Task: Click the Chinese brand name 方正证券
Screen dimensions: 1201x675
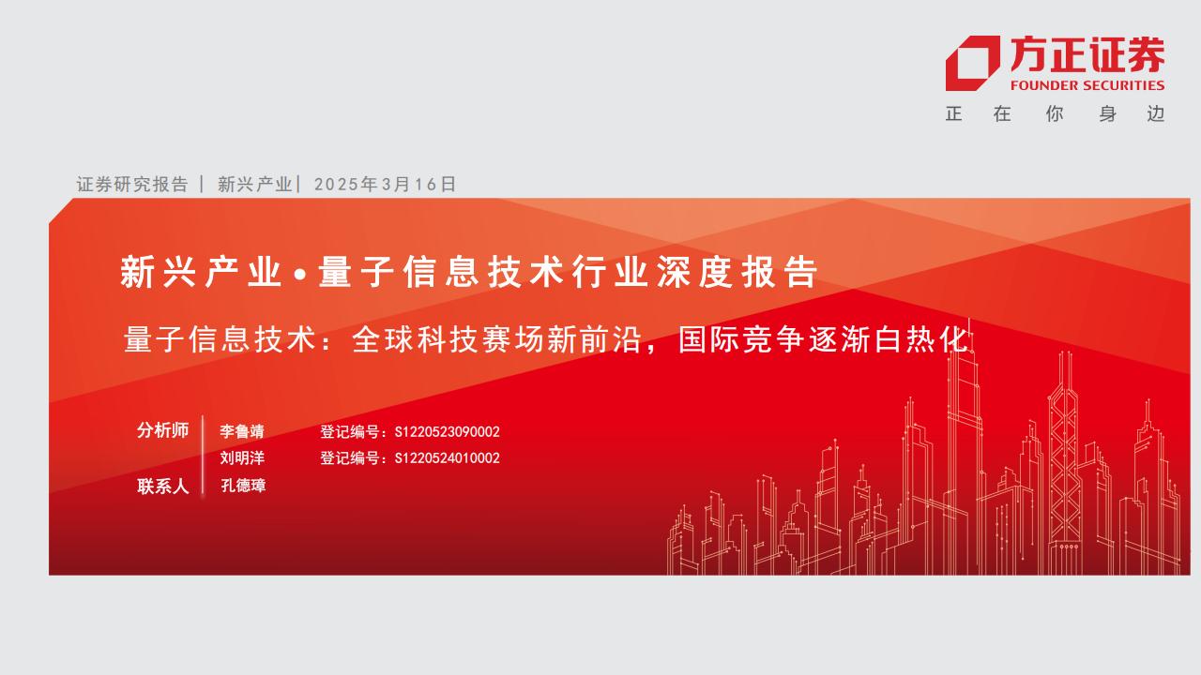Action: (1087, 55)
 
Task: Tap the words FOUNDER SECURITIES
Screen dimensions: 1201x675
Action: (1087, 85)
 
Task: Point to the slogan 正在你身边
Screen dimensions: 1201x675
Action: (1055, 114)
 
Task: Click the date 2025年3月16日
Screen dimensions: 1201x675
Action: (385, 185)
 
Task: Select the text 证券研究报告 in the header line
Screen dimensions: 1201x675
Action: (132, 185)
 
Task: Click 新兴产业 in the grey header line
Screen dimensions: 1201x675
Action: (254, 185)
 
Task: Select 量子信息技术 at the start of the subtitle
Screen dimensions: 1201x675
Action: (220, 339)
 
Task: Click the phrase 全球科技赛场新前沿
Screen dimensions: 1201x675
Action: (497, 339)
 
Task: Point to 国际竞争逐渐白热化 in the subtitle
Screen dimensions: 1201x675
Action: (824, 339)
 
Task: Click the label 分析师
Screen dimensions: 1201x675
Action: (162, 430)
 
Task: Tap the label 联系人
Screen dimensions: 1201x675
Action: (162, 487)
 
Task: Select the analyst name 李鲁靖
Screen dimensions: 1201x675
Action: (242, 431)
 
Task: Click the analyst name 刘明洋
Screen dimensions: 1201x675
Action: (242, 458)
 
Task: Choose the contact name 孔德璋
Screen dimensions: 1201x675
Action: (243, 486)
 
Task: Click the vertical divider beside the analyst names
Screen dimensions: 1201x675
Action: (203, 457)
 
